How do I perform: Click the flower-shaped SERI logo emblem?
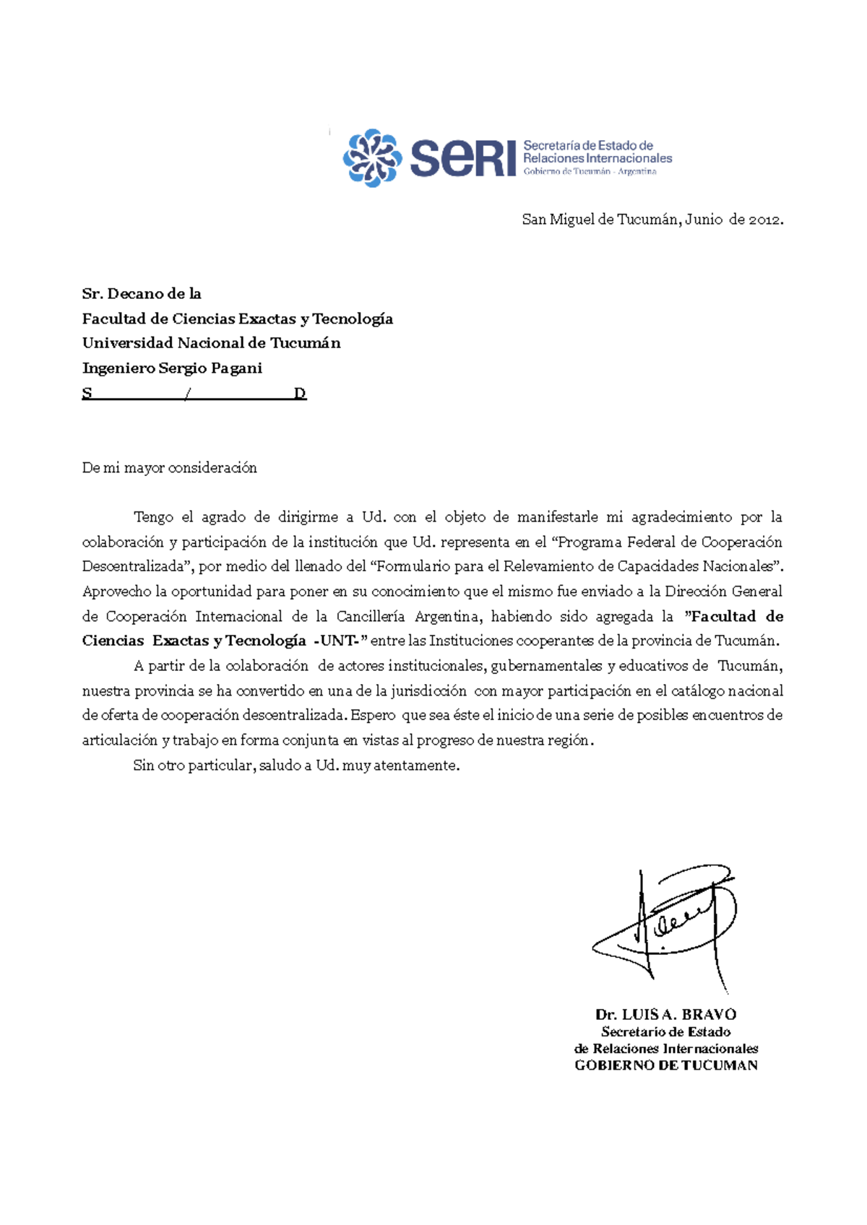coord(372,158)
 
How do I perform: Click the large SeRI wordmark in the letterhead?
coord(463,158)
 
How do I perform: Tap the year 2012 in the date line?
coord(764,220)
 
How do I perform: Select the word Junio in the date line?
coord(704,220)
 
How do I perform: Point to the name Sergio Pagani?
coord(210,368)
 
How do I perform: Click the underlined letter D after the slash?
coord(300,394)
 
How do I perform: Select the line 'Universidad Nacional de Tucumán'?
coord(211,343)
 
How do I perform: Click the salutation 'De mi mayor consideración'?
coord(170,468)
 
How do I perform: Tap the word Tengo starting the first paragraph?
coord(153,517)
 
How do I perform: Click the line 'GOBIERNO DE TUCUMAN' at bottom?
coord(665,1065)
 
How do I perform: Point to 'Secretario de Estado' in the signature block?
coord(665,1032)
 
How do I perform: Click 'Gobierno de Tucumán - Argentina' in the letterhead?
coord(590,172)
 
